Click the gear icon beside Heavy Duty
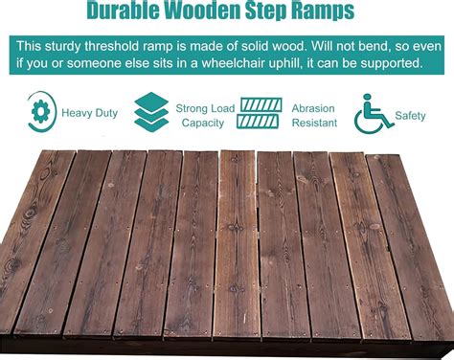pyautogui.click(x=41, y=114)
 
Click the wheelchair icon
pyautogui.click(x=374, y=114)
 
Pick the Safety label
pyautogui.click(x=411, y=115)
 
